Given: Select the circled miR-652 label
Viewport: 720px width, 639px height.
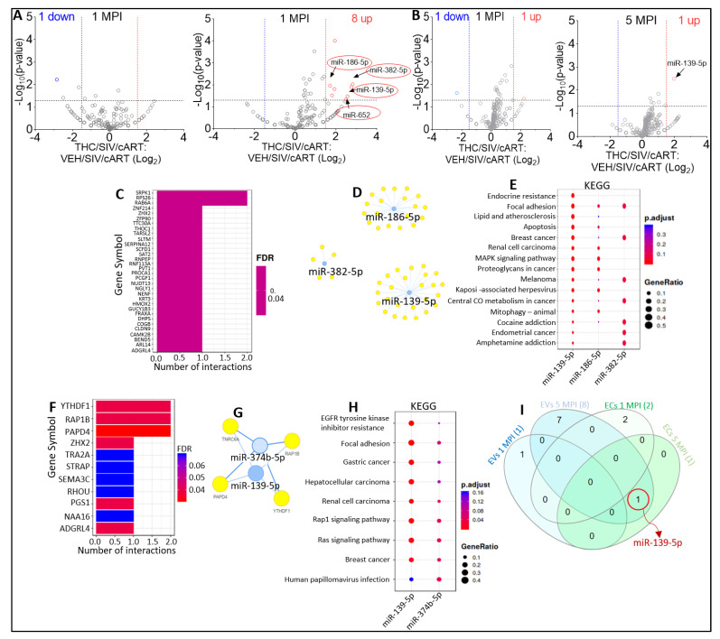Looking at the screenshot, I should pos(357,113).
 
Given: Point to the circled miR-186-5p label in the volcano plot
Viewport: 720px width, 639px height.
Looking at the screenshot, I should pos(352,61).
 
